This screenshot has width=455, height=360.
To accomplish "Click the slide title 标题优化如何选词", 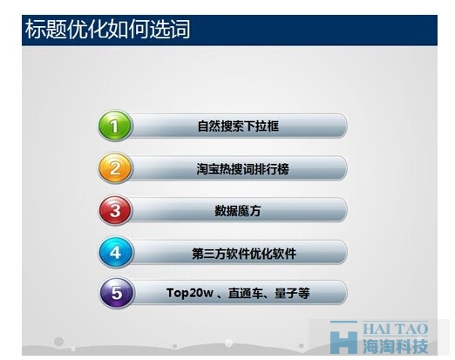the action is (x=107, y=30).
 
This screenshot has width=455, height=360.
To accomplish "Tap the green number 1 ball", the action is (x=115, y=126).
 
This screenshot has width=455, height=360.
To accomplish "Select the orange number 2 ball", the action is (x=115, y=168).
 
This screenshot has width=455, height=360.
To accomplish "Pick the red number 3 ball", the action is (x=115, y=210).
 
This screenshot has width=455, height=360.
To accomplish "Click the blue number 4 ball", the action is (x=116, y=253).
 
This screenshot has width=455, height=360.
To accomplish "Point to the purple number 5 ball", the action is (x=117, y=293).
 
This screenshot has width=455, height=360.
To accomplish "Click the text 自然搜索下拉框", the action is (x=238, y=126).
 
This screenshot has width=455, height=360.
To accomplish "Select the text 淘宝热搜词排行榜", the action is (x=242, y=169).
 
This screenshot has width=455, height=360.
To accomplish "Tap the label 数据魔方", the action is (x=238, y=211).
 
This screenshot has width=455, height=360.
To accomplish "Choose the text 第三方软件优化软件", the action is (x=244, y=254).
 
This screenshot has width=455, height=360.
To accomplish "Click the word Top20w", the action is (x=189, y=293).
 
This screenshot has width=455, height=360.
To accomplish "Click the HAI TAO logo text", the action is (x=395, y=329).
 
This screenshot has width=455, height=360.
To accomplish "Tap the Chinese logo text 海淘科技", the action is (x=395, y=346).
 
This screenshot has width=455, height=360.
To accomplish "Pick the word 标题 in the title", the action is (x=45, y=30).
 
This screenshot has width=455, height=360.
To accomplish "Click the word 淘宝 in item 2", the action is (x=208, y=169).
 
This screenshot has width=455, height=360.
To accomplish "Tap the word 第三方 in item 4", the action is (x=209, y=254).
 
